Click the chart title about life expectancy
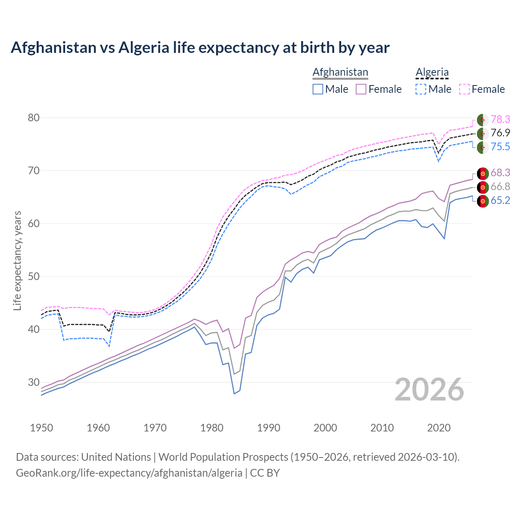pyautogui.click(x=200, y=48)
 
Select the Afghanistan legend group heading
pyautogui.click(x=340, y=72)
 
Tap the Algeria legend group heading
pyautogui.click(x=432, y=72)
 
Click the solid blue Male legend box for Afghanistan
pyautogui.click(x=318, y=89)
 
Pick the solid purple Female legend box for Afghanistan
pyautogui.click(x=361, y=89)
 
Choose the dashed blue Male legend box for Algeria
pyautogui.click(x=421, y=89)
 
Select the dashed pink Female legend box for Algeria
pyautogui.click(x=464, y=89)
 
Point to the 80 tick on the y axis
pyautogui.click(x=34, y=118)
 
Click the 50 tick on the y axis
pyautogui.click(x=34, y=277)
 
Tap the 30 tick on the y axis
pyautogui.click(x=34, y=383)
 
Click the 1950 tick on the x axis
pyautogui.click(x=42, y=428)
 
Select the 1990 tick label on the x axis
pyautogui.click(x=269, y=428)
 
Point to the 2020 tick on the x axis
pyautogui.click(x=439, y=428)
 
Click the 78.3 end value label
pyautogui.click(x=500, y=119)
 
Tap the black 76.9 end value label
pyautogui.click(x=500, y=133)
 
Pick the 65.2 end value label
pyautogui.click(x=500, y=201)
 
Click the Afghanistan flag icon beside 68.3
pyautogui.click(x=482, y=173)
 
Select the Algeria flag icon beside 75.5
pyautogui.click(x=482, y=147)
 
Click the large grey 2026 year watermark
pyautogui.click(x=429, y=390)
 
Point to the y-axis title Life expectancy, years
pyautogui.click(x=17, y=260)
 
